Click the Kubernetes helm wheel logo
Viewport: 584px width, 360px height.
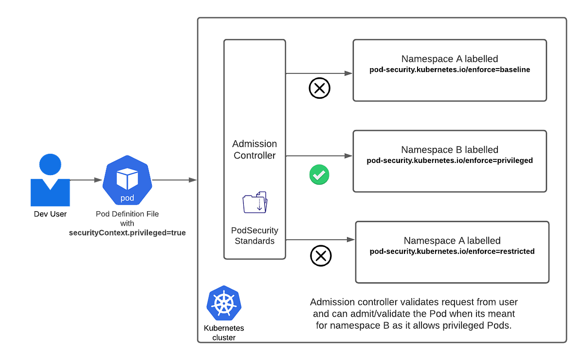(223, 303)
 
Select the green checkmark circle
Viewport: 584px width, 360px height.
(319, 175)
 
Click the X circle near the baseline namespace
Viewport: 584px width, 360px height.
(320, 89)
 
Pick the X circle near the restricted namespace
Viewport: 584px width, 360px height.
(320, 256)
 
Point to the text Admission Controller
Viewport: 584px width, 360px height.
(255, 150)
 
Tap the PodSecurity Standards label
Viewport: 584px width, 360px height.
(255, 235)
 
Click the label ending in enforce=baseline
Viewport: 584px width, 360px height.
(450, 70)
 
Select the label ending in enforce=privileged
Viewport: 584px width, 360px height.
(450, 161)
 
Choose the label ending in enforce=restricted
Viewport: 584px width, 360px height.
(452, 252)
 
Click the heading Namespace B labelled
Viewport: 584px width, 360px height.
(450, 150)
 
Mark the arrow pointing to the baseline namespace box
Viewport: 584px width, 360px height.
(319, 73)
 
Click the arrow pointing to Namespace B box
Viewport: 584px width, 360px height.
(319, 156)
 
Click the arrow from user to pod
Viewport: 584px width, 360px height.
(86, 180)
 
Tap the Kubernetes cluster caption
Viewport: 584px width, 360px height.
(224, 333)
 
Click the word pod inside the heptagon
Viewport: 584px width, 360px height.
(127, 198)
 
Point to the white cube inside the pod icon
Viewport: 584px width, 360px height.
(127, 179)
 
